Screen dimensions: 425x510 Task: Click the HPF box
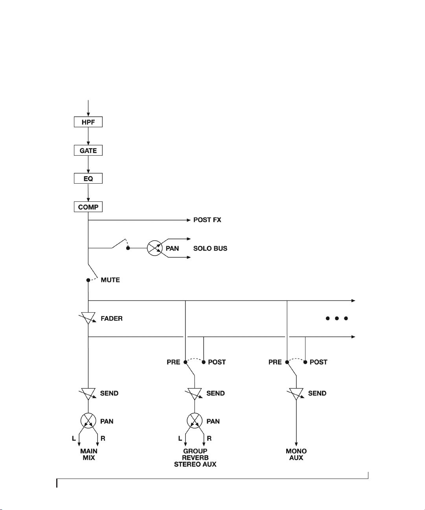[88, 122]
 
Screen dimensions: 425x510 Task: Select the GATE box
[88, 151]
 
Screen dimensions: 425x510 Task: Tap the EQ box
[88, 179]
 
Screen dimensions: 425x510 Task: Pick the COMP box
[88, 207]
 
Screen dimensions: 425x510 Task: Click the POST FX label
[207, 220]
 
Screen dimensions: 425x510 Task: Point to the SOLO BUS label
[210, 249]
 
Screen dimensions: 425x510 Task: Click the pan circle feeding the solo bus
[155, 248]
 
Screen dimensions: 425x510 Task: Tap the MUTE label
[110, 280]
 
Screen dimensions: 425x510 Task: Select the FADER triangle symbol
[88, 318]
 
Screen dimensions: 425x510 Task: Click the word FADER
[112, 319]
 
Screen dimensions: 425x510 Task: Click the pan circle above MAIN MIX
[88, 421]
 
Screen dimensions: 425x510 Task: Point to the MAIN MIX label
[89, 454]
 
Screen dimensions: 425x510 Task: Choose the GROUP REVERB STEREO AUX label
[195, 458]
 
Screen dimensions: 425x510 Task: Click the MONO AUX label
[296, 454]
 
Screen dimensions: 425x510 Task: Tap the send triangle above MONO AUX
[296, 394]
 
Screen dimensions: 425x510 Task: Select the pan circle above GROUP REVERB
[195, 421]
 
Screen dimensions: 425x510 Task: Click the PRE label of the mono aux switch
[275, 362]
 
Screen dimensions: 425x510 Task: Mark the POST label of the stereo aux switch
[217, 362]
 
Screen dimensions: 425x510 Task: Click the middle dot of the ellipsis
[337, 318]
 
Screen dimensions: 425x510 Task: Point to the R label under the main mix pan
[103, 438]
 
